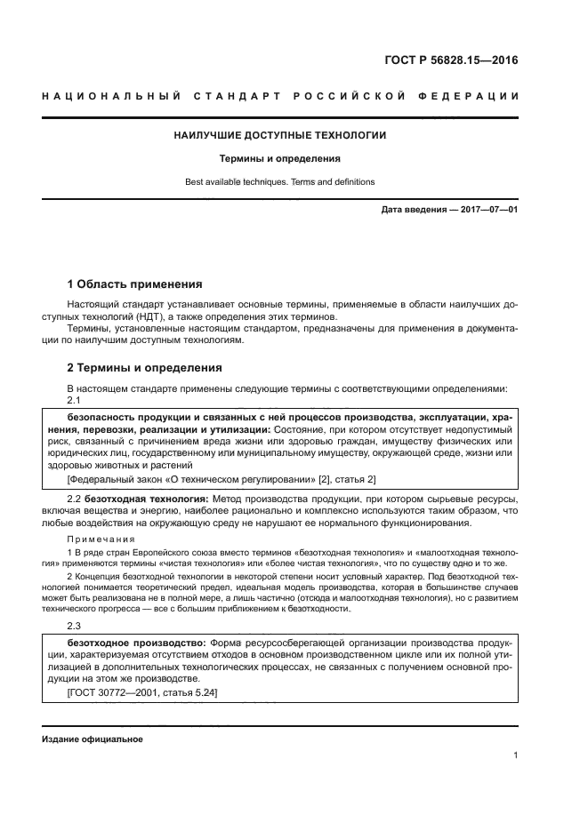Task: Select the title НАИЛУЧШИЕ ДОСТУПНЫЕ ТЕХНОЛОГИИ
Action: coord(279,136)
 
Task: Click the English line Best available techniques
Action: coord(279,182)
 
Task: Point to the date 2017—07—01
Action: coord(487,210)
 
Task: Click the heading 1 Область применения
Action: coord(135,284)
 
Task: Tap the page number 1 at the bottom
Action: coord(515,755)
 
